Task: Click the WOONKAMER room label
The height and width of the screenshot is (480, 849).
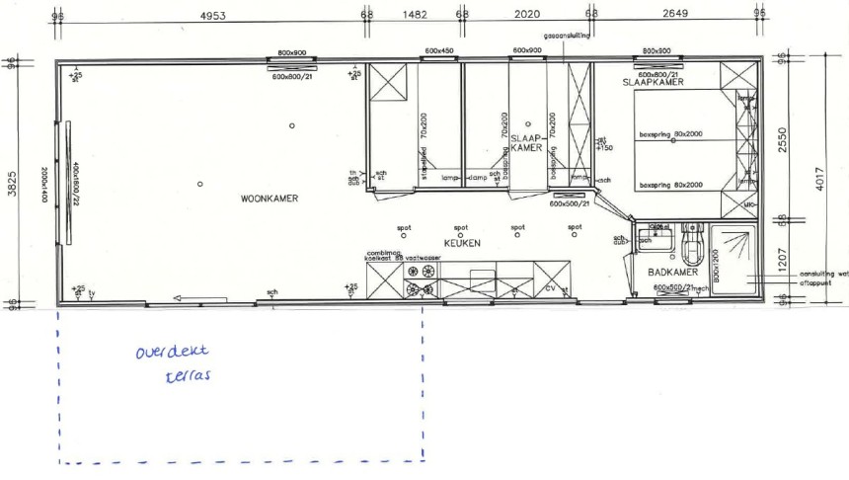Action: pos(270,199)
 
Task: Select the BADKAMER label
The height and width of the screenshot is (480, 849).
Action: pos(674,272)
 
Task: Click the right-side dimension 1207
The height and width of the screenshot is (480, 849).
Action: pos(782,261)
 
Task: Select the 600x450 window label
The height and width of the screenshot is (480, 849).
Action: pos(439,50)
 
